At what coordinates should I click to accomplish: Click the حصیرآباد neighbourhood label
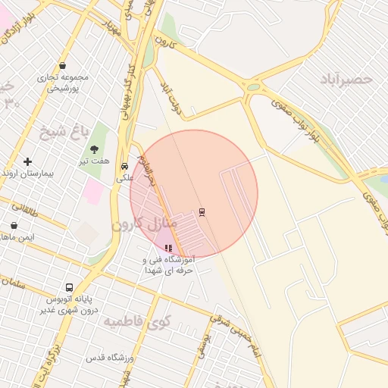pos(346,79)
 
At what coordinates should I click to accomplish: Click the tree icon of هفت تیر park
pos(94,149)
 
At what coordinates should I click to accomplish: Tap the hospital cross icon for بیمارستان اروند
pos(28,161)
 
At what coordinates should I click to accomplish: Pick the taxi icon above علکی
pos(124,167)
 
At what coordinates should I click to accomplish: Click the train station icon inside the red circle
pos(202,211)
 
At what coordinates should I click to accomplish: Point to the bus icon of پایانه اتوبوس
pos(69,288)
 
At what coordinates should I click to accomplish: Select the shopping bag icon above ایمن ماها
pos(14,225)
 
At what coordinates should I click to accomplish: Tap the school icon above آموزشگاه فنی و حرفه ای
pos(168,248)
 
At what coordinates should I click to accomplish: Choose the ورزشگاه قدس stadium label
pos(110,357)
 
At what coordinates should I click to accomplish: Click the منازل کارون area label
pos(144,224)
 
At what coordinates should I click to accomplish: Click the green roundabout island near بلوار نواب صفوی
pos(253,87)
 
